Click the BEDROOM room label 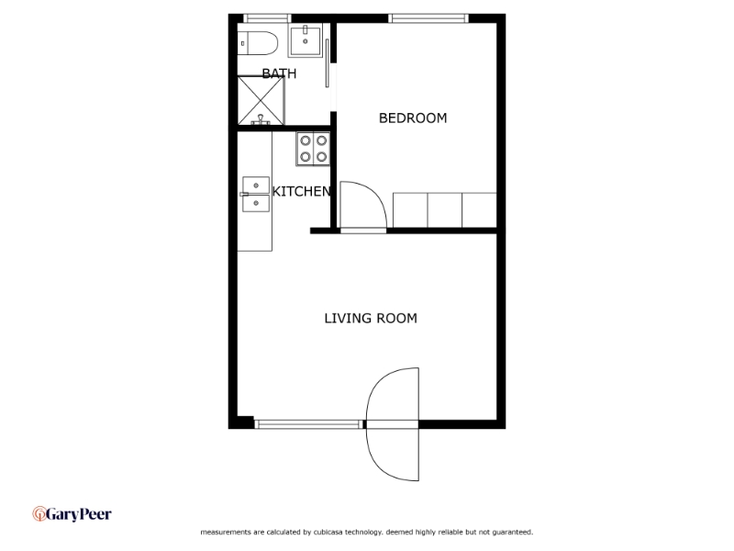(x=413, y=118)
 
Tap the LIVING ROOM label (x=371, y=319)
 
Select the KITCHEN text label (x=301, y=192)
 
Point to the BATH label (x=279, y=73)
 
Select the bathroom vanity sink (x=305, y=40)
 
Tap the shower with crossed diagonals (x=261, y=100)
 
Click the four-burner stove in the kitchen (x=313, y=149)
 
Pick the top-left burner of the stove (x=305, y=141)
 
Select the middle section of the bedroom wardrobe (x=444, y=209)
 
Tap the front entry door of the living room (x=393, y=423)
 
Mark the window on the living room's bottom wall (x=308, y=423)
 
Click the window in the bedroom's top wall (x=428, y=17)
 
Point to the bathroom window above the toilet (x=267, y=17)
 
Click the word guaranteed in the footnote (x=512, y=532)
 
